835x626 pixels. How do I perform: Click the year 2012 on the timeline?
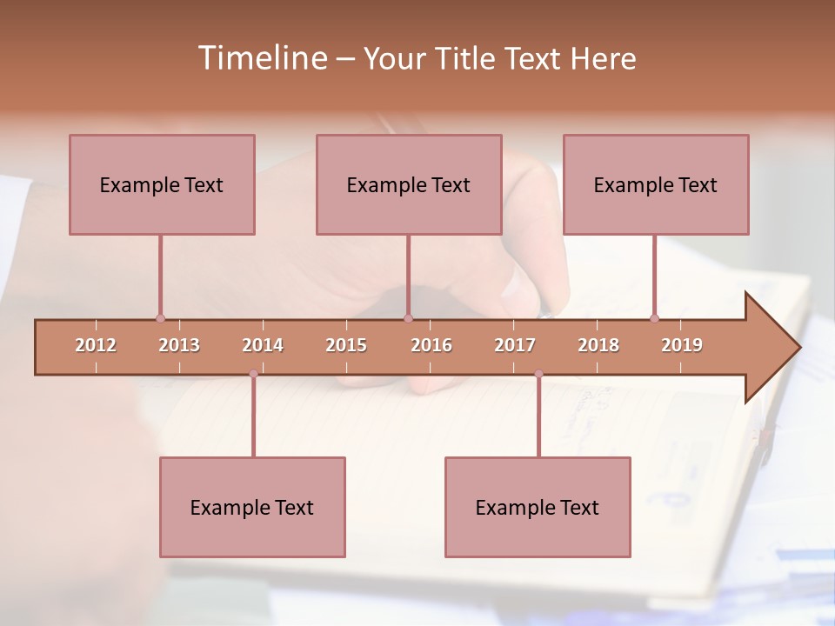[x=96, y=345]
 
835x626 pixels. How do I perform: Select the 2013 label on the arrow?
[x=179, y=345]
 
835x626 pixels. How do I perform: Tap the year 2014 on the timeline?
[x=263, y=345]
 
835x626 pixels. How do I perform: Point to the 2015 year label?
[x=346, y=345]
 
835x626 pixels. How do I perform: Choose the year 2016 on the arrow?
[x=431, y=345]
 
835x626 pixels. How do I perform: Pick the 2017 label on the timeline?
[x=515, y=345]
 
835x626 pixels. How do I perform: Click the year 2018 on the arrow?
[x=598, y=345]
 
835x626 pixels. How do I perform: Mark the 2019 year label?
[x=682, y=345]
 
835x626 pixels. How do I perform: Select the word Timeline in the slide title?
[x=261, y=58]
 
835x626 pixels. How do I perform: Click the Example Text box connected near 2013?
[x=162, y=184]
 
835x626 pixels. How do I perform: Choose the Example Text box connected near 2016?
[x=409, y=184]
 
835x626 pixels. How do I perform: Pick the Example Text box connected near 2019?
[x=656, y=184]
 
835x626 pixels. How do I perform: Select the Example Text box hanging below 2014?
[x=252, y=507]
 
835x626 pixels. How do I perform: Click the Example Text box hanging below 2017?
[x=538, y=507]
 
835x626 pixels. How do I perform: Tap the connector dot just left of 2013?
[x=160, y=318]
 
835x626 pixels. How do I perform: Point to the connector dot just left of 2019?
[x=655, y=318]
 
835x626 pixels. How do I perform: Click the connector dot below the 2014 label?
[x=253, y=374]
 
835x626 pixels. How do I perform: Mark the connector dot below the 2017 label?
[x=538, y=374]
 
